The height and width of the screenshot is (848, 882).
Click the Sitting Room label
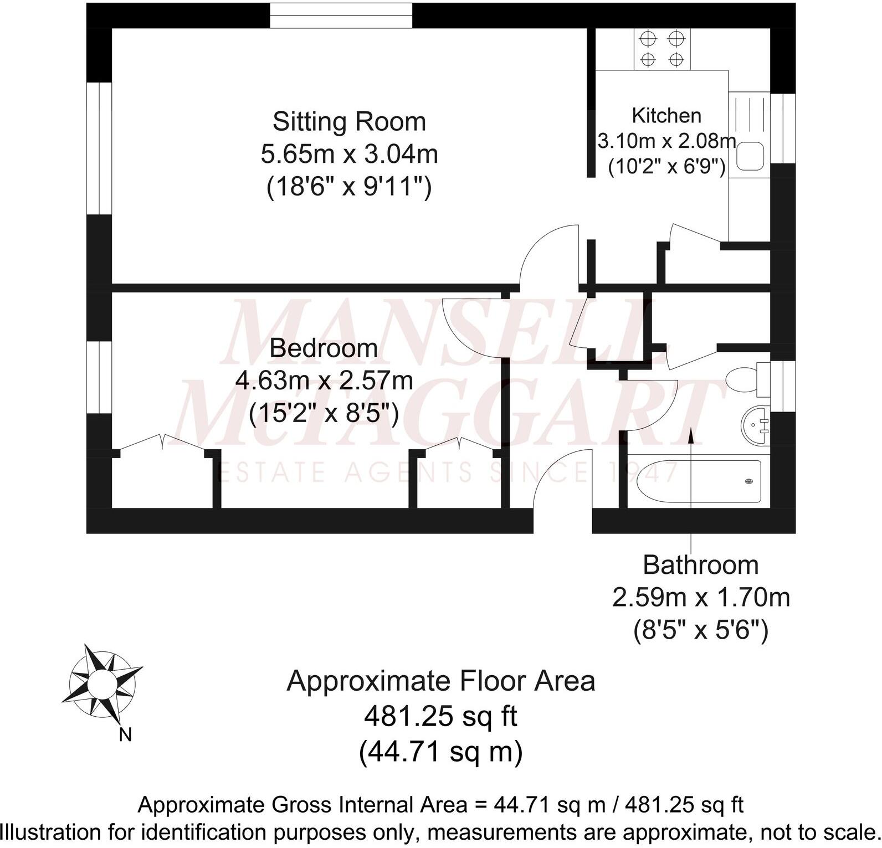(x=349, y=121)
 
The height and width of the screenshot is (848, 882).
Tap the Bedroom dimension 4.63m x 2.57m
(x=324, y=381)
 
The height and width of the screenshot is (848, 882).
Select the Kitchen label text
(x=666, y=115)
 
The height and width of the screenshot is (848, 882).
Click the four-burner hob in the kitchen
(x=662, y=49)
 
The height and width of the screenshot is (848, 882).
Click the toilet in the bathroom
(x=741, y=381)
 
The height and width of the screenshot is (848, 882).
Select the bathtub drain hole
(x=750, y=481)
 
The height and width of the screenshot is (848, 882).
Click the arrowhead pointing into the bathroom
(x=691, y=435)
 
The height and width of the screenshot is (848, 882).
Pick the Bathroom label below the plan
(x=700, y=565)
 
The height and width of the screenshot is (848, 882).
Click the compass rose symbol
(x=101, y=682)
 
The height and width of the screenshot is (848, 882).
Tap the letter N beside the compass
(x=126, y=735)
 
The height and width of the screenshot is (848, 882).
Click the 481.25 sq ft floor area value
(x=440, y=716)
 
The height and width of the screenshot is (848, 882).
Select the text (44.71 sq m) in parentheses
(x=440, y=752)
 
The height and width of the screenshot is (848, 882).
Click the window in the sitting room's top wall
(x=341, y=16)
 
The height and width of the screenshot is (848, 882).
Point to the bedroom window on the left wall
(x=100, y=377)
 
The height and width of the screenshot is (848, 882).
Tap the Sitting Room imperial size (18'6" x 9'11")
(x=349, y=187)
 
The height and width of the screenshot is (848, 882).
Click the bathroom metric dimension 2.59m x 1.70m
(x=700, y=598)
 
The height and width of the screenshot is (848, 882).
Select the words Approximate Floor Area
(x=440, y=681)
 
